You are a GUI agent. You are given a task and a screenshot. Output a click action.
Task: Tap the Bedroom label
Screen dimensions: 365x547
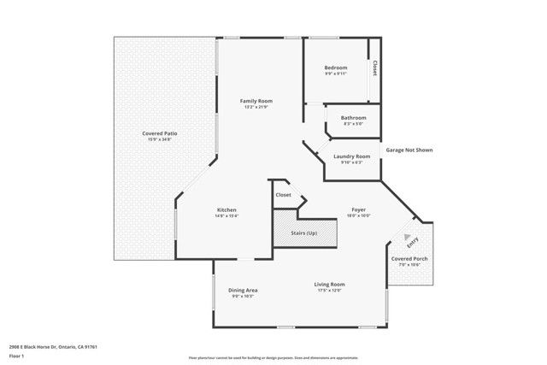pyautogui.click(x=335, y=67)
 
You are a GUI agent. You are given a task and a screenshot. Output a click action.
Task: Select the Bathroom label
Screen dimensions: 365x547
pyautogui.click(x=353, y=117)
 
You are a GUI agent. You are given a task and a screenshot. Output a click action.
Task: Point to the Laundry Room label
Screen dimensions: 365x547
pyautogui.click(x=351, y=156)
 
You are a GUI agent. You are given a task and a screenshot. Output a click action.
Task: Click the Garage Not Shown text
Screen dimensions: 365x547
pyautogui.click(x=409, y=150)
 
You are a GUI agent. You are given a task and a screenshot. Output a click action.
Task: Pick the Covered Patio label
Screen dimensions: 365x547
pyautogui.click(x=160, y=133)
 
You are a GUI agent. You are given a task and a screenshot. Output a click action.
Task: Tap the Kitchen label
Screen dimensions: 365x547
pyautogui.click(x=226, y=209)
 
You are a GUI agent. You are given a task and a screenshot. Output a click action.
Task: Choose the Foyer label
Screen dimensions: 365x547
pyautogui.click(x=359, y=209)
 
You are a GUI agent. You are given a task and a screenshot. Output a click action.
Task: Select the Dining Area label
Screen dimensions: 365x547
pyautogui.click(x=243, y=291)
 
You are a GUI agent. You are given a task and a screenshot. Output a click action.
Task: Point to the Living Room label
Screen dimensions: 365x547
pyautogui.click(x=329, y=284)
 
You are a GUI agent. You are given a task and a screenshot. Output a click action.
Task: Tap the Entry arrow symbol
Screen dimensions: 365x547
pyautogui.click(x=408, y=237)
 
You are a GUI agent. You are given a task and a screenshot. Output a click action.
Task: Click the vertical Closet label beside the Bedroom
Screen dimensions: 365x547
pyautogui.click(x=373, y=68)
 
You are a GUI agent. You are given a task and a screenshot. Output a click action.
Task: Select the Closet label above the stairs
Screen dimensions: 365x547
pyautogui.click(x=283, y=195)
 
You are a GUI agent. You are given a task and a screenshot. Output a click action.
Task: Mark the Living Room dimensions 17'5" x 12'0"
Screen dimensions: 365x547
pyautogui.click(x=329, y=291)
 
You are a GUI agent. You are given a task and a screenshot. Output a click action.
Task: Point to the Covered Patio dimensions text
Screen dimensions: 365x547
pyautogui.click(x=160, y=139)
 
